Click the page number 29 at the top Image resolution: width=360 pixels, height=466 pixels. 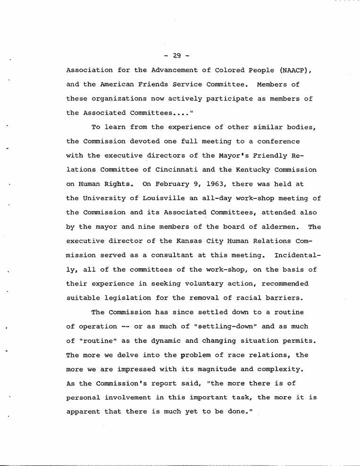177,56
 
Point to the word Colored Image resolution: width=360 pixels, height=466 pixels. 230,70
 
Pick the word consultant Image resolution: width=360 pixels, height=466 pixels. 170,255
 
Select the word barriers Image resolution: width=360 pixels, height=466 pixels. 285,297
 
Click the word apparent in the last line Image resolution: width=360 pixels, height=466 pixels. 83,412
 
